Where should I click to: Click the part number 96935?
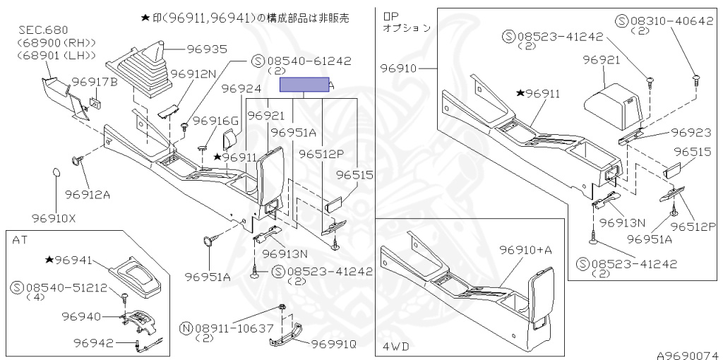188,49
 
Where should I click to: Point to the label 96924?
241,89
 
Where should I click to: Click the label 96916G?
216,121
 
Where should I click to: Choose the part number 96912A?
88,194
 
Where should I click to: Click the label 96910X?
53,217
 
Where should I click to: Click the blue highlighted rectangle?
304,85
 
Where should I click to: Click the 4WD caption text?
397,347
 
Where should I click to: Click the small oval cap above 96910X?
56,174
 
